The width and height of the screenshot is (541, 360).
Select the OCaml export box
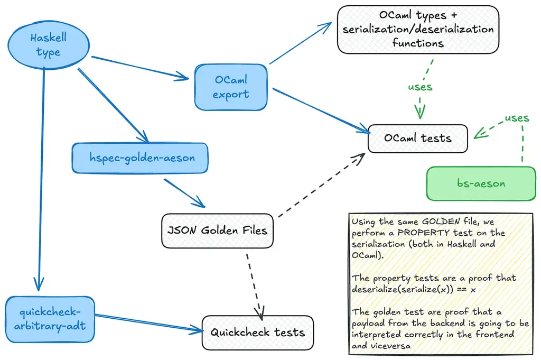(x=231, y=87)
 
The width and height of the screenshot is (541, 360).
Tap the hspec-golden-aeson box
(x=139, y=158)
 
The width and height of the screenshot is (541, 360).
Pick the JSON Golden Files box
(x=217, y=230)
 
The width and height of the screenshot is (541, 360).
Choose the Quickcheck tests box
(x=258, y=333)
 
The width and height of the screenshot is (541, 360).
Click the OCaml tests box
(x=417, y=139)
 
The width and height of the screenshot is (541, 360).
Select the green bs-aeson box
(x=481, y=183)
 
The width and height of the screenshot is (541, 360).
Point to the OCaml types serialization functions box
(x=418, y=30)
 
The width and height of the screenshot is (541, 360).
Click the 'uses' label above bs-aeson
(x=516, y=118)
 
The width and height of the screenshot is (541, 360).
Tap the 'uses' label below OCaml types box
(x=420, y=86)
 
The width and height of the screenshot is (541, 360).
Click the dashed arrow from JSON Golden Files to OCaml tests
(x=320, y=186)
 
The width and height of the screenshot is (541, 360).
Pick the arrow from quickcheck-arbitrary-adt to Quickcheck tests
(x=148, y=324)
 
